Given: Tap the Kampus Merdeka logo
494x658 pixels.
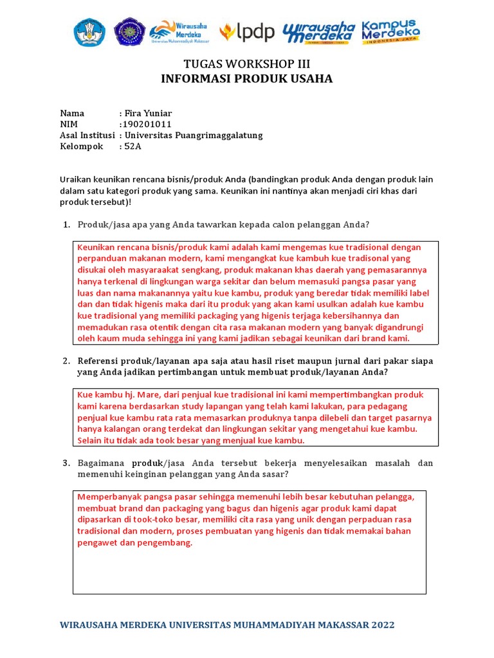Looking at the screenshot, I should [x=390, y=31].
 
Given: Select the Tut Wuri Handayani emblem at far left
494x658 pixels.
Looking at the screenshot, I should [x=90, y=31].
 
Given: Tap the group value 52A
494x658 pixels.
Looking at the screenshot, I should [x=133, y=147].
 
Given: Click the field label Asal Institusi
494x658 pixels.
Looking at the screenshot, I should [x=87, y=136].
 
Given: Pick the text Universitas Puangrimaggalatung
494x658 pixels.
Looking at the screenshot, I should [x=194, y=136].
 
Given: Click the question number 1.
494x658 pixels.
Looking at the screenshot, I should [x=66, y=224].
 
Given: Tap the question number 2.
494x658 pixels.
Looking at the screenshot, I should [x=66, y=361].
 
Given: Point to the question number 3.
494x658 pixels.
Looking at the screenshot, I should [x=66, y=463].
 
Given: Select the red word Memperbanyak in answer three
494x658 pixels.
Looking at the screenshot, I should [x=107, y=497].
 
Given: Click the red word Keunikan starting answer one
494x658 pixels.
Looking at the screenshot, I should [x=96, y=247].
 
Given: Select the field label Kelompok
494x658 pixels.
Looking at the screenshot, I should [x=82, y=147].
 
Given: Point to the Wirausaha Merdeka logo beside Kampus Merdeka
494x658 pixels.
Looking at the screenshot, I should [x=319, y=31].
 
